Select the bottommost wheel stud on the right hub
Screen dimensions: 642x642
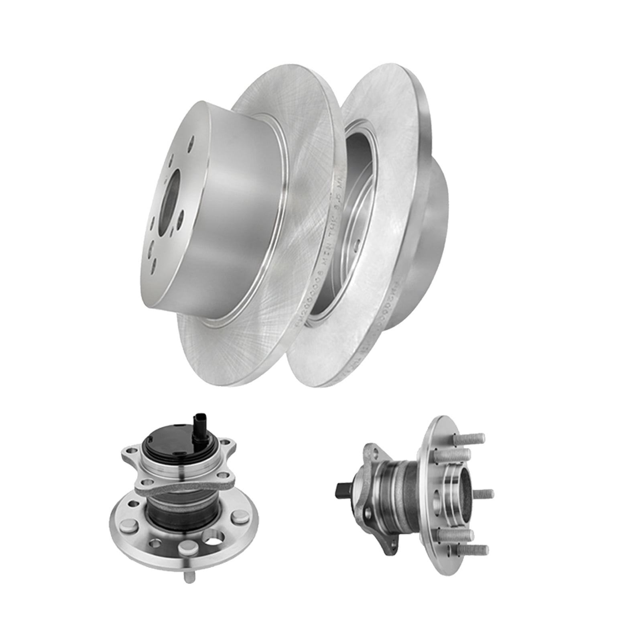(x=474, y=549)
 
